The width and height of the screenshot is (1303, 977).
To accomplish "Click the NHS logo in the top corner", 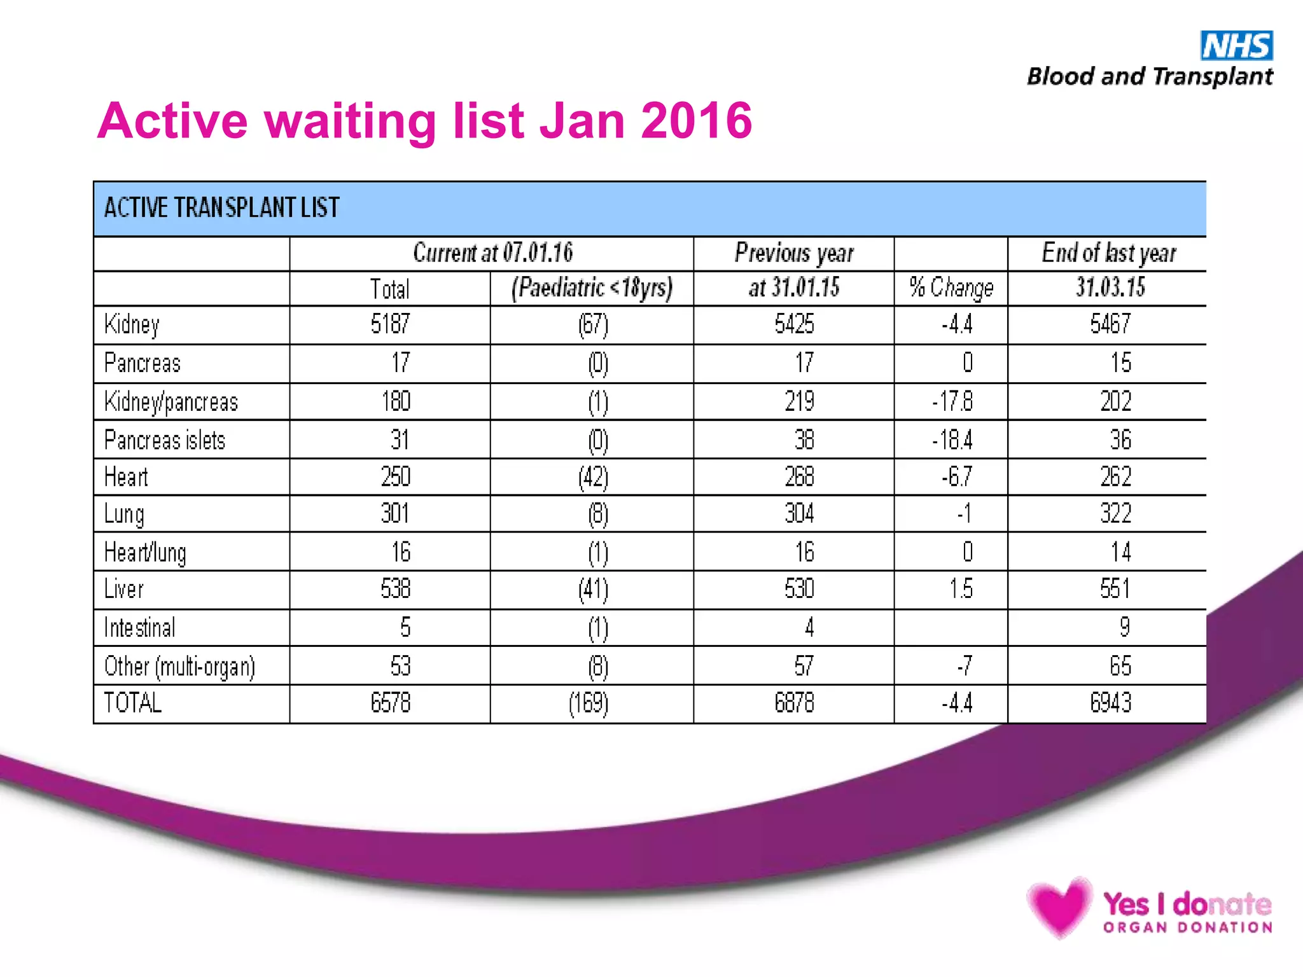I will pos(1236,45).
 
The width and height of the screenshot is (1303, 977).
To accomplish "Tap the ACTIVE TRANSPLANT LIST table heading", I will pos(221,208).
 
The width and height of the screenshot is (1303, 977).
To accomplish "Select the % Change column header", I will pos(951,288).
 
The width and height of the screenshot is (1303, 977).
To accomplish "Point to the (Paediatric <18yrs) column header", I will pos(592,288).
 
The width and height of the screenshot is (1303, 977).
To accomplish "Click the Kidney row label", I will pos(132,325).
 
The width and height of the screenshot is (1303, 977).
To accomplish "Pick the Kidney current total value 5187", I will pos(390,324).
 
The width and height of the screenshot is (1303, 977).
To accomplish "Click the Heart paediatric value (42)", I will pos(593,478).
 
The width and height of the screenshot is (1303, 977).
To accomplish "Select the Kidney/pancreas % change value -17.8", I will pos(952,402).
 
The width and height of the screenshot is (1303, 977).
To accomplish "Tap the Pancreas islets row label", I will pos(165,440).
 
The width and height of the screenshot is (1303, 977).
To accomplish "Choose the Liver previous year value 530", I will pos(799,589).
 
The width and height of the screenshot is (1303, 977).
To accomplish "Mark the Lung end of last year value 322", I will pos(1115,513).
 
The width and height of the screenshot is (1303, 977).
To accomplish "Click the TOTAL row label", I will pos(133,703).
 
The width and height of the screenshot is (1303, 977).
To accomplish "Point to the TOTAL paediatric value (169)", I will pos(589,703).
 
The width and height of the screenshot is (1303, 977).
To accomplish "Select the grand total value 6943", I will pos(1110,703).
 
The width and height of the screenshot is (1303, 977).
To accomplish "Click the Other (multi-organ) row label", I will pos(179,667).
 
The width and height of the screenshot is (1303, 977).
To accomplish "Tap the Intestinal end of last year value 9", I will pos(1124,628).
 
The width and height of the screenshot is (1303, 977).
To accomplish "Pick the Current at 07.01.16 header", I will pos(492,253).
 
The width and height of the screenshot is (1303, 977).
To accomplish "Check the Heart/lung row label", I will pos(145,553).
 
